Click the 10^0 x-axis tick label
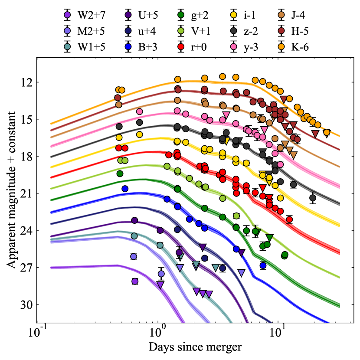pos(157,334)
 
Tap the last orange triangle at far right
pos(327,133)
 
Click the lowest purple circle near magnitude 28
pos(135,281)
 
